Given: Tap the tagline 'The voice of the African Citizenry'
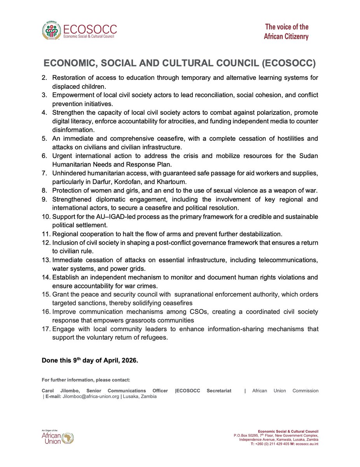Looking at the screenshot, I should [x=287, y=32].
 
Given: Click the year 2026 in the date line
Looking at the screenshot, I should [x=129, y=360].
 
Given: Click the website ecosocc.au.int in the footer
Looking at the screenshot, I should [x=307, y=443].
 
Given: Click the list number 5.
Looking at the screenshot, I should [x=47, y=139].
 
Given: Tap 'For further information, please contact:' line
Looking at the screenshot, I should [x=86, y=380].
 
